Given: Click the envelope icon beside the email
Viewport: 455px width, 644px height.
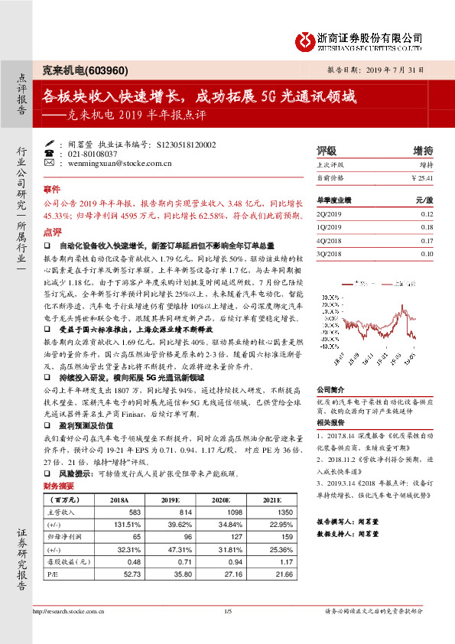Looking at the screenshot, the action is click(x=50, y=163).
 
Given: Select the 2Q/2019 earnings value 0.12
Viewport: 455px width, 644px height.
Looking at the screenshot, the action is click(x=426, y=215).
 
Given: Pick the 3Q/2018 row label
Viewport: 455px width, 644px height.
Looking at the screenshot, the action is click(x=329, y=253).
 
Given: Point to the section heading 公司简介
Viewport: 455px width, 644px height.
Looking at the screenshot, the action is click(x=330, y=389).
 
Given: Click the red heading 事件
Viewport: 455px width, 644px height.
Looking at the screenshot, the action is click(x=51, y=188).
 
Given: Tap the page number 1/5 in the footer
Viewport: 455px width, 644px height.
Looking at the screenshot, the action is click(x=227, y=632).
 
